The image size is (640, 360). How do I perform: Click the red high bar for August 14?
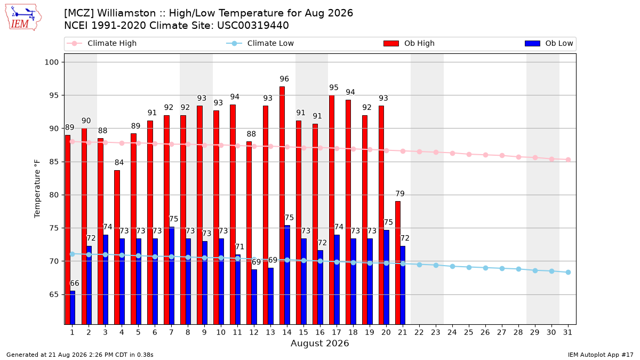[282, 205]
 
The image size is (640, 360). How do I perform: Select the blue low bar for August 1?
[73, 308]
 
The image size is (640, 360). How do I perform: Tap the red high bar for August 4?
[117, 247]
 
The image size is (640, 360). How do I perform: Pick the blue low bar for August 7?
[172, 276]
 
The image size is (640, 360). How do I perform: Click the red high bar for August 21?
[398, 263]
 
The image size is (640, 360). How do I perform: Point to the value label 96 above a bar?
[284, 79]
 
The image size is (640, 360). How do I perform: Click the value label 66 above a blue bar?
[75, 283]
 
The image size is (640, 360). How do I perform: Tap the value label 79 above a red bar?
[400, 194]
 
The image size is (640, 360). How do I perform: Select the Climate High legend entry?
[102, 43]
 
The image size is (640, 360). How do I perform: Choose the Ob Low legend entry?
[549, 43]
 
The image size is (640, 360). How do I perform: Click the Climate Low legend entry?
[260, 43]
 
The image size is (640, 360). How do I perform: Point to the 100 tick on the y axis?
[52, 62]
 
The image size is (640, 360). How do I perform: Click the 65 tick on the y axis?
[54, 294]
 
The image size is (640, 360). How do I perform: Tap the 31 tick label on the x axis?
[567, 333]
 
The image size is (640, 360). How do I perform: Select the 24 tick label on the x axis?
[452, 333]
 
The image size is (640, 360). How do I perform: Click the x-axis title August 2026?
[319, 343]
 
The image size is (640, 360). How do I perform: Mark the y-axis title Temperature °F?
[37, 189]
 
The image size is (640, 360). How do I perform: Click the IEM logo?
[23, 18]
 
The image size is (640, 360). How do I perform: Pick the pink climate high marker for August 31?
[569, 159]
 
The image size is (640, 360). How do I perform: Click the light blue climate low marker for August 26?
[485, 268]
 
